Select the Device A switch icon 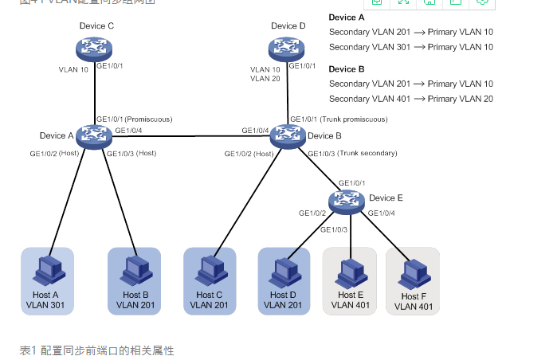tap(95, 135)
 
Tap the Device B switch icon tap(287, 135)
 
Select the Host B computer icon tap(133, 272)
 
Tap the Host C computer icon tap(210, 272)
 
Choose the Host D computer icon tap(284, 272)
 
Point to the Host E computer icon tap(348, 272)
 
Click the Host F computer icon tap(412, 272)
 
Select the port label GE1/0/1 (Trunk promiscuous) tap(339, 119)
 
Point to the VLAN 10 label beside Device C tap(75, 69)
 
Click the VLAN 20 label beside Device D tap(265, 79)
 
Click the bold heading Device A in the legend tap(347, 18)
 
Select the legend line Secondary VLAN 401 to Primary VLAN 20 tap(410, 99)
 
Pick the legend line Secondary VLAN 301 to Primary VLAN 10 tap(410, 47)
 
